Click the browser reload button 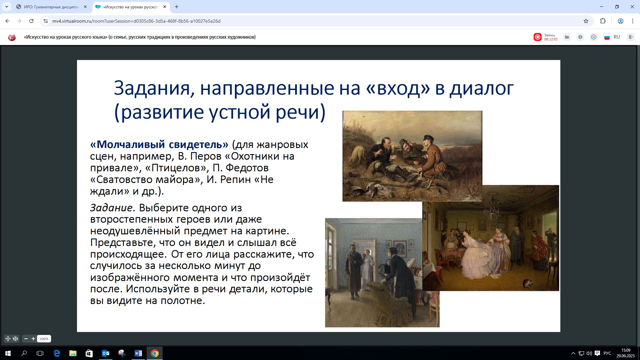(31, 21)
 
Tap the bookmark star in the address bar (586, 21)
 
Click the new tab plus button (177, 7)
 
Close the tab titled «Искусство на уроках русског (165, 7)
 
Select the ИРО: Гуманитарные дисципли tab (52, 7)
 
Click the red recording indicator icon (537, 37)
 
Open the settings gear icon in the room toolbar (594, 37)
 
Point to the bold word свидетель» (199, 144)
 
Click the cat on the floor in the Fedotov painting (528, 283)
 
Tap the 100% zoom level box (44, 339)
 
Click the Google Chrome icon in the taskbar (155, 353)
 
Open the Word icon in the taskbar (138, 353)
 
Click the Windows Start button (8, 353)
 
